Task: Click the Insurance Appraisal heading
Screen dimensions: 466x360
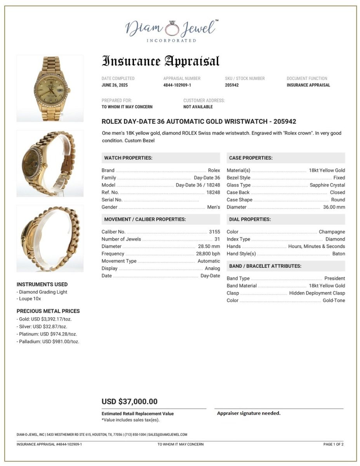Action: (x=160, y=61)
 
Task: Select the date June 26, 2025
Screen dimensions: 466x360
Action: (x=115, y=85)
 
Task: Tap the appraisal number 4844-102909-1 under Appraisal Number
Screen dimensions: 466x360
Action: (x=177, y=85)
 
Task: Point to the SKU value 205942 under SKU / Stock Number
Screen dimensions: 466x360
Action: (x=232, y=85)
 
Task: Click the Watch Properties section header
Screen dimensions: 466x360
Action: (x=128, y=158)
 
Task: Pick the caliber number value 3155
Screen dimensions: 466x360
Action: (x=214, y=232)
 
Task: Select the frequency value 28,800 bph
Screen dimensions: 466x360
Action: (x=208, y=254)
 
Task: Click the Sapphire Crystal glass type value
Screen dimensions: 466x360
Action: (x=327, y=185)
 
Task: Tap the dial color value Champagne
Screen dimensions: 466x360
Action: (x=332, y=232)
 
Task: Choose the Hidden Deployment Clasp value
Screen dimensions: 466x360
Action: (x=317, y=293)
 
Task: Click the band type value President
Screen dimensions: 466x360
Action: (x=334, y=278)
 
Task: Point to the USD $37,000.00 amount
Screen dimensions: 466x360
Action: (x=129, y=402)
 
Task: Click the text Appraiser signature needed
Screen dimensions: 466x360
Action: (x=249, y=413)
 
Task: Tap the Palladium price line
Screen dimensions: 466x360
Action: (x=49, y=342)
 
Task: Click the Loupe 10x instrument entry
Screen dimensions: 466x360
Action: (x=30, y=299)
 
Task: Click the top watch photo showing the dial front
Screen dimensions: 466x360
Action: (x=50, y=89)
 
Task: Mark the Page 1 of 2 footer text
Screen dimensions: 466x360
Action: (x=333, y=444)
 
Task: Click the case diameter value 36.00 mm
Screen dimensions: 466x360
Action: (x=334, y=207)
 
